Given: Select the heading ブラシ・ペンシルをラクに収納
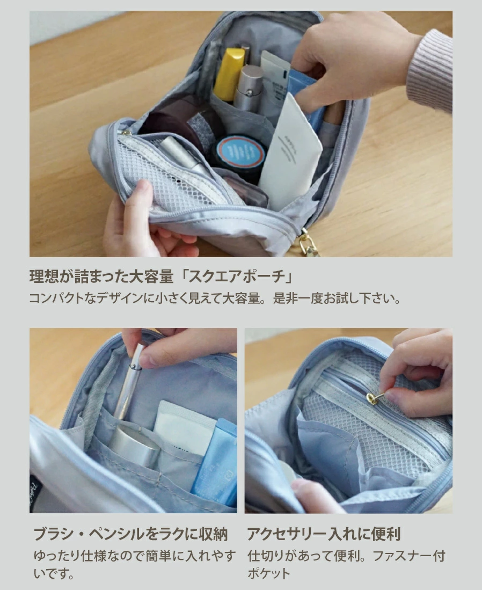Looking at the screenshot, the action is click(x=130, y=534).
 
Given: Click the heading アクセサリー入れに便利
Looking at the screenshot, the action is click(x=324, y=534).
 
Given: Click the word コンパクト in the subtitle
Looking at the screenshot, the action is click(x=56, y=299).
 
